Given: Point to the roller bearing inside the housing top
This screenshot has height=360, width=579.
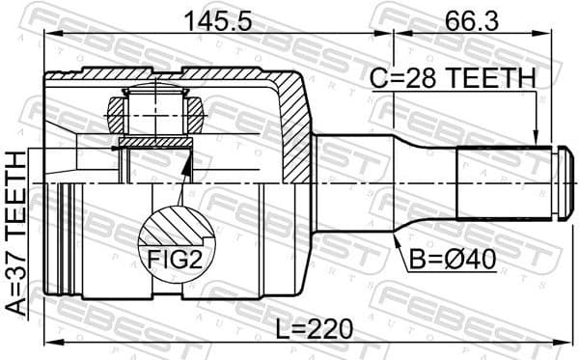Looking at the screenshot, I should pos(154,112).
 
